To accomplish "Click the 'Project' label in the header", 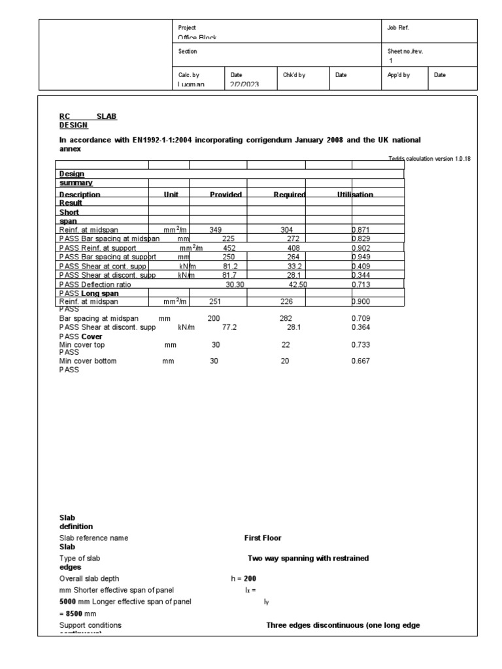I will tap(187, 28).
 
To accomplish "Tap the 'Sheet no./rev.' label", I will tap(405, 51).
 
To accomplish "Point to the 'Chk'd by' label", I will tap(294, 75).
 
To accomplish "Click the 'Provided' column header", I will tap(226, 195).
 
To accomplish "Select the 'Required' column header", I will tap(290, 195).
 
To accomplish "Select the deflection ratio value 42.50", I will tap(298, 285).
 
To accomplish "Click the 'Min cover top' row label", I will tap(82, 344).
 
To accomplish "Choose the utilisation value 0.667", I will tap(361, 361).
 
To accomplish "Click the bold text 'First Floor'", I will tap(263, 538).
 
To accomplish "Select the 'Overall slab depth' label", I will tap(90, 579).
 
